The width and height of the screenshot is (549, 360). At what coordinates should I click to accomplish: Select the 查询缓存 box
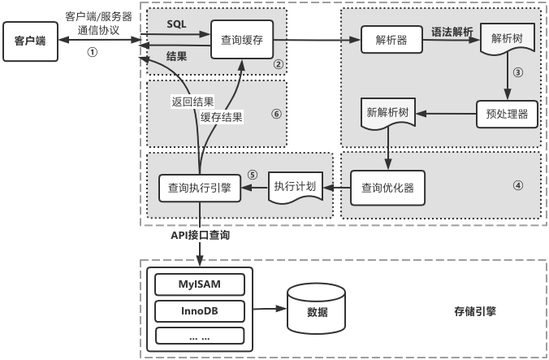pyautogui.click(x=240, y=37)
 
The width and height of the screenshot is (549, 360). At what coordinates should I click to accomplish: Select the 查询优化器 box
pyautogui.click(x=387, y=188)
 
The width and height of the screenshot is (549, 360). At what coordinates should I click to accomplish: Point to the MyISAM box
pyautogui.click(x=200, y=284)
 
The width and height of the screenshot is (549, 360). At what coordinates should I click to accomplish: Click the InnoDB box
pyautogui.click(x=200, y=310)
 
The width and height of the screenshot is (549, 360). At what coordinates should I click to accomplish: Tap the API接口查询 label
pyautogui.click(x=200, y=235)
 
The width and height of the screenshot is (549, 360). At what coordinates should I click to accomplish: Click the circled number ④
pyautogui.click(x=517, y=184)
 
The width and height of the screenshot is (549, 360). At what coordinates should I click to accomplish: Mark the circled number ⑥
pyautogui.click(x=275, y=114)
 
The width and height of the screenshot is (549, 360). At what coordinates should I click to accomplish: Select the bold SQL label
pyautogui.click(x=176, y=24)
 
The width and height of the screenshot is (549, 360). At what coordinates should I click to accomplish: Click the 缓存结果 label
pyautogui.click(x=222, y=116)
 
